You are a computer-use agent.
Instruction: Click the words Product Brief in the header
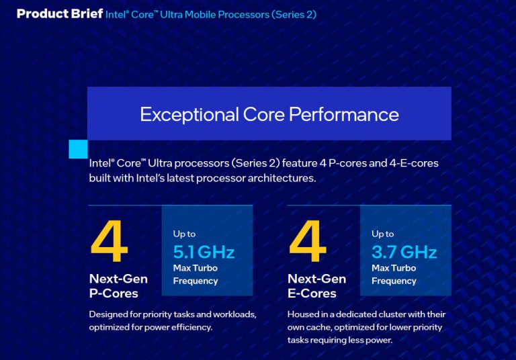pos(59,14)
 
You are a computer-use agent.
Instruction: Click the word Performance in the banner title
pos(344,114)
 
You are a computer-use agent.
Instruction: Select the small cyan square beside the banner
pos(78,149)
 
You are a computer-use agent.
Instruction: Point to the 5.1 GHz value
pos(204,252)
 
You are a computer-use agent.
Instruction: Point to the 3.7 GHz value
pos(404,252)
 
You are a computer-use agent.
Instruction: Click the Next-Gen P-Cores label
pos(118,285)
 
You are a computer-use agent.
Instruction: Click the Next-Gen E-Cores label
pos(316,285)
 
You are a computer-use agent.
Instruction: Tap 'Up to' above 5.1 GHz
pos(184,234)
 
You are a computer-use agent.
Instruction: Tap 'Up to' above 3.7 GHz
pos(382,234)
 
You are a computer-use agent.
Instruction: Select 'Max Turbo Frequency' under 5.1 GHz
pos(196,274)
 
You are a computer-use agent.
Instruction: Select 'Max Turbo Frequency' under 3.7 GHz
pos(394,274)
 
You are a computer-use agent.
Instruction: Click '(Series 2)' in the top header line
pos(294,14)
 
